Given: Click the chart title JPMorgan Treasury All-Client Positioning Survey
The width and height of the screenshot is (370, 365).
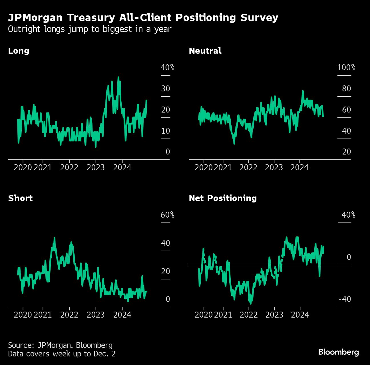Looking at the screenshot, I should [x=143, y=18].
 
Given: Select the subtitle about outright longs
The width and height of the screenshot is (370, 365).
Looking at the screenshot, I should [x=90, y=29].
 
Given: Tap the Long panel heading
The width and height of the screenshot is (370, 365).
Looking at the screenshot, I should [x=19, y=51].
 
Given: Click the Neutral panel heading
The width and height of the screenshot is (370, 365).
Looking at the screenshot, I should [x=205, y=51].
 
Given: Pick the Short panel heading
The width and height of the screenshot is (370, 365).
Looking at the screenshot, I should [x=20, y=198].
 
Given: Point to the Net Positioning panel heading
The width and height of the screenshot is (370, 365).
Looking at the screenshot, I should [x=223, y=198].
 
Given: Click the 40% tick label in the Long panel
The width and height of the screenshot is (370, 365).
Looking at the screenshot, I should [x=167, y=68].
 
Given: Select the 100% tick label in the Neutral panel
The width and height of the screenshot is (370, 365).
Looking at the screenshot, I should [x=346, y=68].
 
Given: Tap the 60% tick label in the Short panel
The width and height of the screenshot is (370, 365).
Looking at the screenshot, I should [x=167, y=215].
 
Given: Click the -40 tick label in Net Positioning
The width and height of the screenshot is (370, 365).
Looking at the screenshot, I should [x=345, y=299].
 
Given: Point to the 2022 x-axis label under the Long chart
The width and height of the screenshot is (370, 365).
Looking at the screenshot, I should [x=69, y=167].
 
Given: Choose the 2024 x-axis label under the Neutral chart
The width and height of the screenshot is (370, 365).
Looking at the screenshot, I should [x=299, y=167].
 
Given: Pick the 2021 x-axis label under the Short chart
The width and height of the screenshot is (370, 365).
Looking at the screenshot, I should [x=43, y=315].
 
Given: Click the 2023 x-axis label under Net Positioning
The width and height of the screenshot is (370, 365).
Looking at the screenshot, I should [x=274, y=315].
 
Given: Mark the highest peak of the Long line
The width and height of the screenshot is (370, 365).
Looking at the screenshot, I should [x=118, y=77].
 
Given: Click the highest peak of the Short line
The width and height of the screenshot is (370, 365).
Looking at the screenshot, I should [x=54, y=238].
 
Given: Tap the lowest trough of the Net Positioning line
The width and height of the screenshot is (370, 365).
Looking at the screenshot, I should [x=250, y=303].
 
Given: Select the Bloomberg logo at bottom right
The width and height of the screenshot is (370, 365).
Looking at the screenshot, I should [x=338, y=352].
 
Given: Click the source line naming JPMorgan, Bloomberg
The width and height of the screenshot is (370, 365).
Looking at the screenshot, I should [x=60, y=345].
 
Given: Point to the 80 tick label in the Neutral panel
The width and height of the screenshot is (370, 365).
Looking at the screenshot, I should [x=346, y=89].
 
